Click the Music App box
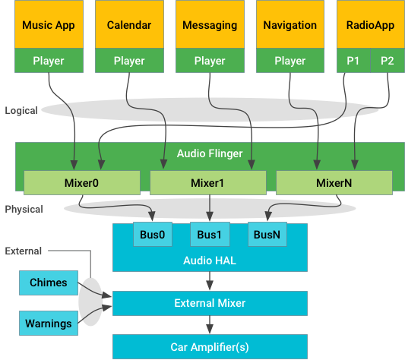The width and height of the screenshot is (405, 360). [x=48, y=25]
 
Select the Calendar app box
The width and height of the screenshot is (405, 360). [x=128, y=25]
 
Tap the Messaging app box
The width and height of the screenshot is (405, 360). [x=210, y=25]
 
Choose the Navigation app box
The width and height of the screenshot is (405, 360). [x=290, y=25]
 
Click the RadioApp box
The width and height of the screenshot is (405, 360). [x=370, y=25]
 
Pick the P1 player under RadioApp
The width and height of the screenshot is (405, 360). [x=353, y=61]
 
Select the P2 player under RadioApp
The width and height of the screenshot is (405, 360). [x=387, y=61]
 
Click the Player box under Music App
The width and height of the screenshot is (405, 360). [x=48, y=61]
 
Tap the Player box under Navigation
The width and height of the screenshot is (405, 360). [x=290, y=61]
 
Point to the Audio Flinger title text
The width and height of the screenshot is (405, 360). [x=210, y=153]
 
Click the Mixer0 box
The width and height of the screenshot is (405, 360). [x=81, y=182]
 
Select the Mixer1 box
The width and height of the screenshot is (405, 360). [x=208, y=182]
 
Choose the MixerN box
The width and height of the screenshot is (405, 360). [x=334, y=182]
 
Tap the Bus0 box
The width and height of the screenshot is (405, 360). [x=153, y=235]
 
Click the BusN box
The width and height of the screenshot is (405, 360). [x=267, y=235]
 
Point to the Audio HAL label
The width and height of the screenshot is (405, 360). [x=210, y=260]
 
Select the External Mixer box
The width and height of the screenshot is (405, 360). [x=210, y=303]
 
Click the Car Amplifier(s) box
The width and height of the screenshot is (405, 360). [x=210, y=347]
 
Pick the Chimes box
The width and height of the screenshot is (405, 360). [x=49, y=283]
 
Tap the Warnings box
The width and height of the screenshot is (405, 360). [x=49, y=323]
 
